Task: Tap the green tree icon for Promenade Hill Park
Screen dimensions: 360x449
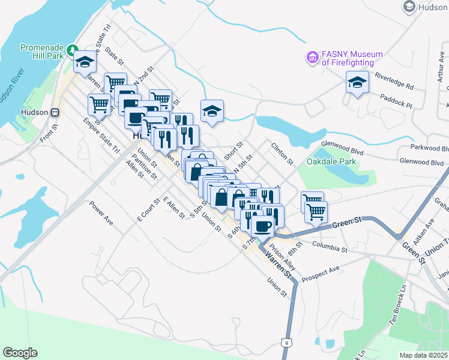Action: click(73, 48)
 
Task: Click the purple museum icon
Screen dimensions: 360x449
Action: click(312, 58)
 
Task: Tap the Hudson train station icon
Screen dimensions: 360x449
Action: click(55, 112)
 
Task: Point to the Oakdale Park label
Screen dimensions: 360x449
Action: click(331, 161)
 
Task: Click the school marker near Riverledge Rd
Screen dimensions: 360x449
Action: click(357, 83)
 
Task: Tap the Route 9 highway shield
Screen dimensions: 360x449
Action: click(287, 342)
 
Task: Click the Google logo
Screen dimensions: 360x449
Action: click(20, 353)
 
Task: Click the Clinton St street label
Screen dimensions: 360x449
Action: click(282, 153)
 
